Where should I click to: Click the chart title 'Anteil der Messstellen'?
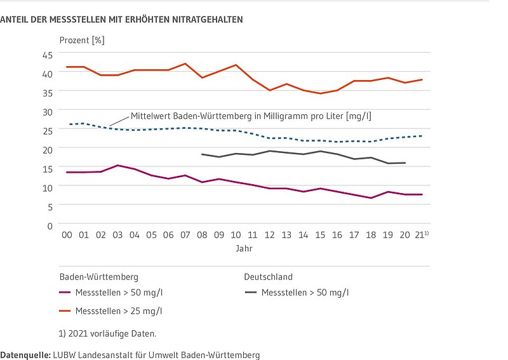[121, 20]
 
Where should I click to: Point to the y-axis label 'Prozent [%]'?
[82, 40]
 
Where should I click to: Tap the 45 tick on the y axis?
[47, 55]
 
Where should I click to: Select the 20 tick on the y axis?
[47, 149]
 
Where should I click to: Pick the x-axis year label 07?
[185, 235]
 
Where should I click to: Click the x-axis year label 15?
[321, 235]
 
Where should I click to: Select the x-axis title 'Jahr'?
[244, 249]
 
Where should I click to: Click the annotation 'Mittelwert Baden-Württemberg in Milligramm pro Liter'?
[251, 116]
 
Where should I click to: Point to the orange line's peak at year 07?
[185, 63]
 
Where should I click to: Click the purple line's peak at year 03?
[117, 165]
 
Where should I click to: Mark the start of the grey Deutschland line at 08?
[202, 154]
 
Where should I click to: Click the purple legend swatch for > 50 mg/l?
[65, 293]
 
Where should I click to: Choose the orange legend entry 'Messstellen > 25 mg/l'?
[118, 310]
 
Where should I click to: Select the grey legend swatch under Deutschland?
[251, 293]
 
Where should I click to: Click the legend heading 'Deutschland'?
[268, 277]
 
